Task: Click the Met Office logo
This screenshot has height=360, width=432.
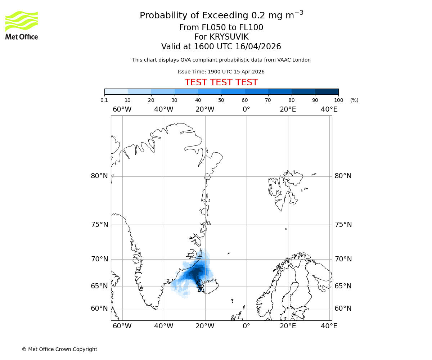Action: pos(22,25)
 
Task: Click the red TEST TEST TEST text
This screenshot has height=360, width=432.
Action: pos(221,83)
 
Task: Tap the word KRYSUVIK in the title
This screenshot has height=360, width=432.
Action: pos(221,37)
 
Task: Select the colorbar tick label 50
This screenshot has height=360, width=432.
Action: pos(221,100)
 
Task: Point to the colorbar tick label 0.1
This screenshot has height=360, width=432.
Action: pos(104,100)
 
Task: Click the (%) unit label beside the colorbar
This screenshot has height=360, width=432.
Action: pos(354,100)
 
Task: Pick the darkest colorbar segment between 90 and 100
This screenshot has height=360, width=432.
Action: pos(327,91)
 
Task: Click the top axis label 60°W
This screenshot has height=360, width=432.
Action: pos(122,109)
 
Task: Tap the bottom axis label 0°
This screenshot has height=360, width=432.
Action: pos(246,327)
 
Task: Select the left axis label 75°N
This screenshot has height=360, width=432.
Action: pos(99,225)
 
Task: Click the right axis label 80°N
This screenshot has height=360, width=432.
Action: pos(343,176)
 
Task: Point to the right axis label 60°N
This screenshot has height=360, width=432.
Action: pos(343,309)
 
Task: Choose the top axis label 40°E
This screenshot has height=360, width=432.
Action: pos(329,109)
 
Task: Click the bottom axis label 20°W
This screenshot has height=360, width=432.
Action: pos(205,327)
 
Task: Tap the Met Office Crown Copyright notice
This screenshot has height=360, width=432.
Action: pos(59,350)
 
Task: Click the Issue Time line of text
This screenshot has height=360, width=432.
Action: pos(221,72)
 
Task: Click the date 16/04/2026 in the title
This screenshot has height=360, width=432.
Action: pos(258,47)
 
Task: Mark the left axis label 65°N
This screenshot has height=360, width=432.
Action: pos(99,286)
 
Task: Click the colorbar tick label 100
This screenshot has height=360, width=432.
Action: pos(338,100)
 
